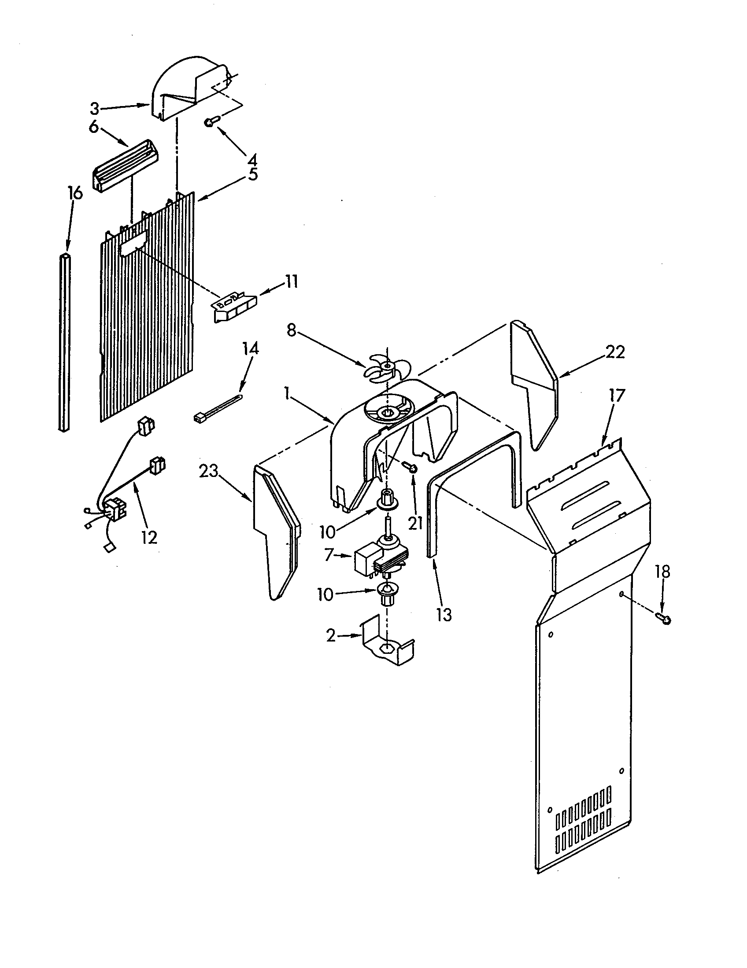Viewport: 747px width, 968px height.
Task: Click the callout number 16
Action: point(75,193)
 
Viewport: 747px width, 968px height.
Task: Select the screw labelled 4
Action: point(210,121)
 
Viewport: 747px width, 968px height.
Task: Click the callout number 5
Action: point(252,174)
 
